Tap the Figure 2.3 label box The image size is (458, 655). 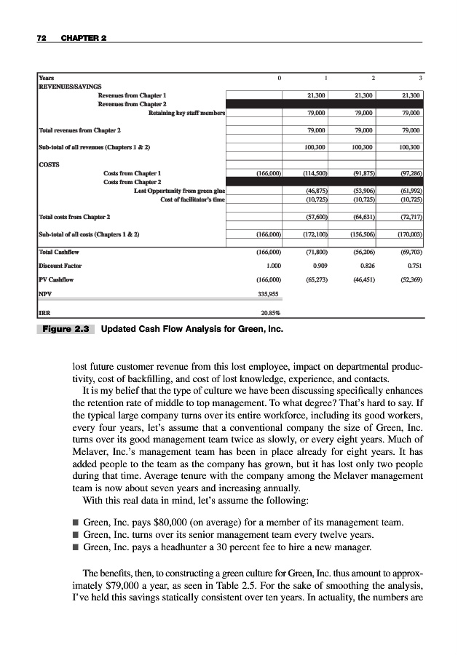[66, 329]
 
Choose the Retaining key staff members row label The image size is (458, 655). [186, 113]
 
